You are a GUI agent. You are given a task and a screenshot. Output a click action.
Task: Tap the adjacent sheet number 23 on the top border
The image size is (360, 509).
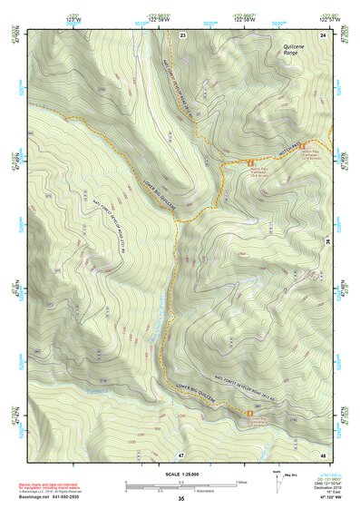tap(182, 34)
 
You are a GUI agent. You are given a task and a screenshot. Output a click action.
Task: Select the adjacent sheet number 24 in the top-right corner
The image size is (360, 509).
tap(324, 34)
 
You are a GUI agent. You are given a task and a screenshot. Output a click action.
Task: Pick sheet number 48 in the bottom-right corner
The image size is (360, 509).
tap(323, 454)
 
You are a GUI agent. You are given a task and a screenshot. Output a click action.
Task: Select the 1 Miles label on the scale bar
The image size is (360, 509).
tap(243, 482)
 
